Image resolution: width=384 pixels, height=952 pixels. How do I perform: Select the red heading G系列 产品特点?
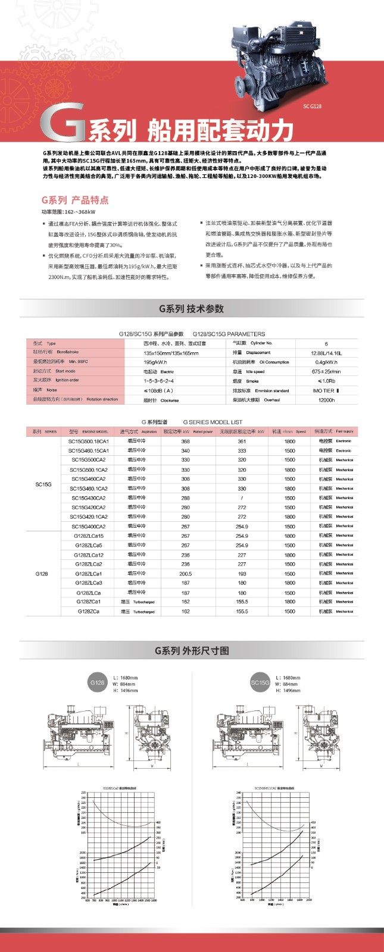(75, 200)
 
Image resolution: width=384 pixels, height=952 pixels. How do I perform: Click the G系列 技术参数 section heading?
(191, 308)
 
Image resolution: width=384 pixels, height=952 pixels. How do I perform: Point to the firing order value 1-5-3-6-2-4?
(158, 380)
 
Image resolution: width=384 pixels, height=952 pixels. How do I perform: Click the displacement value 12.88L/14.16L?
(326, 353)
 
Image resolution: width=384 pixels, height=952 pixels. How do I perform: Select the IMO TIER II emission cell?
(326, 390)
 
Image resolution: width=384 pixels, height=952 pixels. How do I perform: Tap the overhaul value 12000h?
(326, 400)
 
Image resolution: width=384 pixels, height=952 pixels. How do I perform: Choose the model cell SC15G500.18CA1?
(88, 441)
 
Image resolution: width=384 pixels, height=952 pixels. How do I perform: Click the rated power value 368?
(186, 441)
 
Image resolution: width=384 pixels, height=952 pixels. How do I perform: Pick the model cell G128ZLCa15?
(89, 536)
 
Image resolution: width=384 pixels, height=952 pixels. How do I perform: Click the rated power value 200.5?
(186, 574)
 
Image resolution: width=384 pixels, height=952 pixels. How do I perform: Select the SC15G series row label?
(43, 484)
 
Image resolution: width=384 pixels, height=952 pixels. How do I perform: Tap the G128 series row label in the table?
(42, 574)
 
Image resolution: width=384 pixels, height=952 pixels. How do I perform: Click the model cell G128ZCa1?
(89, 602)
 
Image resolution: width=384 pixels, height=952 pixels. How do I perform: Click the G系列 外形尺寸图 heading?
(191, 650)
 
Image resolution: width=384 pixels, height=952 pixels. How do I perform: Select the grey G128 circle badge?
(97, 682)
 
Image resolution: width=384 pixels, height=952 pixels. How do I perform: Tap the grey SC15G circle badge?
(260, 683)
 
